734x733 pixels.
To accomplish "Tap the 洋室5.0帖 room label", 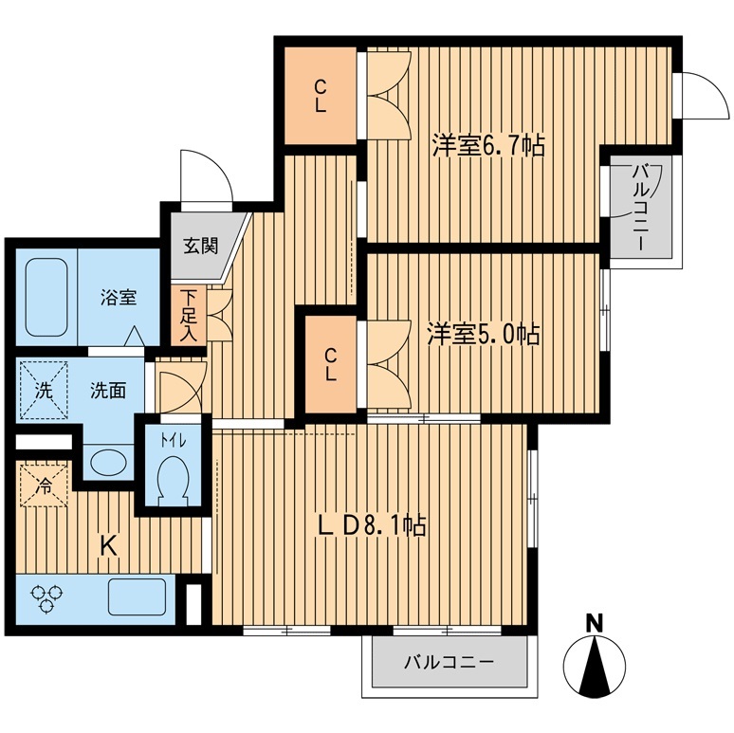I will tap(483, 335).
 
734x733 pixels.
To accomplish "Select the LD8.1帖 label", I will tap(371, 524).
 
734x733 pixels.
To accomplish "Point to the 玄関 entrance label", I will tap(200, 247).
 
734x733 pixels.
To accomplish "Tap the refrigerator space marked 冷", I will tap(44, 483).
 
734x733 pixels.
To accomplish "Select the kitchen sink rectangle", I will tap(137, 598).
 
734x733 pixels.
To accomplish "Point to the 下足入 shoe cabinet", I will tap(189, 315).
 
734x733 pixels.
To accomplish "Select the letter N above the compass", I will tap(595, 623).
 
